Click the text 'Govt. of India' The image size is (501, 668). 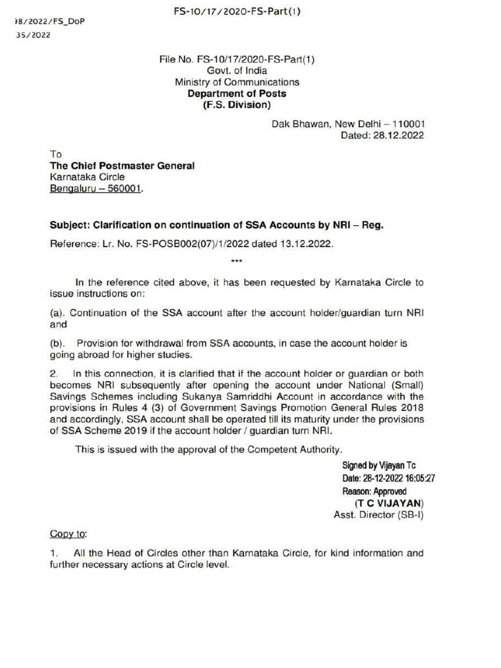237,70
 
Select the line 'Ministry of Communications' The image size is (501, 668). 237,82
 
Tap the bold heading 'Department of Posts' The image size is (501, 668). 237,94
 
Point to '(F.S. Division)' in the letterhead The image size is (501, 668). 237,105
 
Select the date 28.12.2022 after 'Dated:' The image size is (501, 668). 400,136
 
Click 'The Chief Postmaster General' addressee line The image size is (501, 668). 122,166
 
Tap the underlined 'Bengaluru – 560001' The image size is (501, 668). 95,189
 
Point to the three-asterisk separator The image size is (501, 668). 237,262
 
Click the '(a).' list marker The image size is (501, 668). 58,312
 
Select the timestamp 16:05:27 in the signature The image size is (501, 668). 415,478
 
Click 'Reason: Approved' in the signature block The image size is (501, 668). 374,491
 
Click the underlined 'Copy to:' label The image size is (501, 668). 68,534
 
